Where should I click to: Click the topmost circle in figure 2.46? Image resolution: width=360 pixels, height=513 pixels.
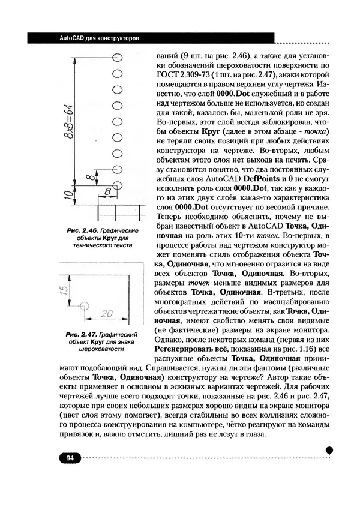tap(118, 56)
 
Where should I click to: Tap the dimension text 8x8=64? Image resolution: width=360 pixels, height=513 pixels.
tap(70, 130)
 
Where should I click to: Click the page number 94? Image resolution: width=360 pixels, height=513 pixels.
tap(69, 458)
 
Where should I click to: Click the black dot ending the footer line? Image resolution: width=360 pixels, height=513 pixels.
tap(329, 449)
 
